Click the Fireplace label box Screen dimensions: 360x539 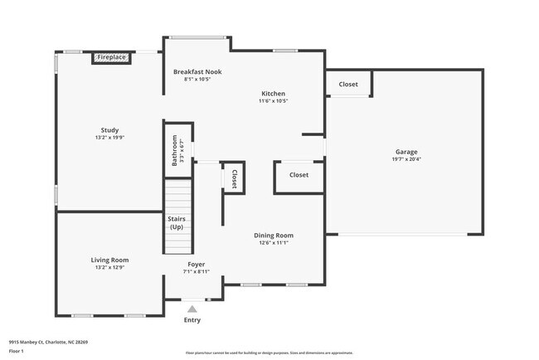pyautogui.click(x=111, y=57)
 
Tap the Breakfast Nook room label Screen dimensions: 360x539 pyautogui.click(x=197, y=72)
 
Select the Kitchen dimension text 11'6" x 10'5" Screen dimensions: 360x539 pyautogui.click(x=274, y=101)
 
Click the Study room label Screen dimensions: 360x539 pyautogui.click(x=109, y=130)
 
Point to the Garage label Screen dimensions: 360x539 pyautogui.click(x=406, y=151)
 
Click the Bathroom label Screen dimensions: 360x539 pyautogui.click(x=175, y=150)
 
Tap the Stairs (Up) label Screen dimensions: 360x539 pyautogui.click(x=177, y=222)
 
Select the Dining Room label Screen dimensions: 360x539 pyautogui.click(x=274, y=236)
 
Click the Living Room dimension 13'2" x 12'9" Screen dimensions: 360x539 pyautogui.click(x=109, y=268)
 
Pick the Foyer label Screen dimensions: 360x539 pyautogui.click(x=196, y=263)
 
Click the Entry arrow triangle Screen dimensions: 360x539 pyautogui.click(x=192, y=309)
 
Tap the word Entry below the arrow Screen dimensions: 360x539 pyautogui.click(x=192, y=320)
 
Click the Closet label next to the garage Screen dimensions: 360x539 pyautogui.click(x=348, y=85)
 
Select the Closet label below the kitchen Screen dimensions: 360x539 pyautogui.click(x=299, y=175)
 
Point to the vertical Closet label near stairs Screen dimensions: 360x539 pyautogui.click(x=234, y=179)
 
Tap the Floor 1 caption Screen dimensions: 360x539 pyautogui.click(x=17, y=352)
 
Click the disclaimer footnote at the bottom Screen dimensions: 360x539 pyautogui.click(x=269, y=353)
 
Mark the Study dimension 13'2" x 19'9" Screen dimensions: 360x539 pyautogui.click(x=109, y=139)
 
